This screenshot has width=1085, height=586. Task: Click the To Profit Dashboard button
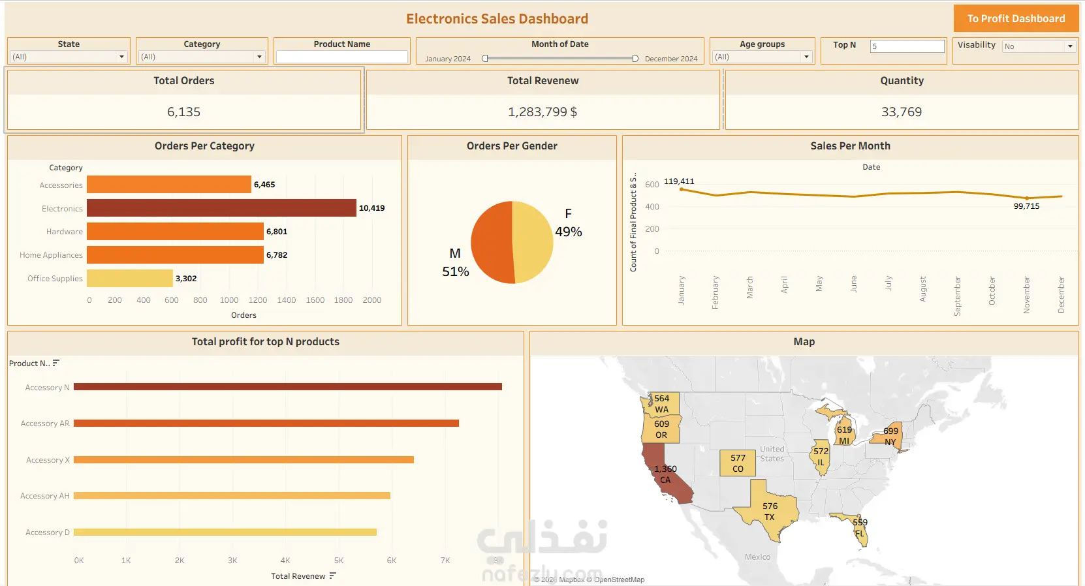tap(1016, 19)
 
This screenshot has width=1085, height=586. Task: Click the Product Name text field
tap(342, 57)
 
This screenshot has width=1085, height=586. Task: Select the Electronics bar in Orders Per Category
tap(221, 208)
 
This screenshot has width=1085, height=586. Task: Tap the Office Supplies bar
tap(129, 279)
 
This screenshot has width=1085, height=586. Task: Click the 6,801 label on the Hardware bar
tap(277, 232)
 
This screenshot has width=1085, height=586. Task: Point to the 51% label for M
tap(456, 271)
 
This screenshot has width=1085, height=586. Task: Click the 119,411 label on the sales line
tap(679, 181)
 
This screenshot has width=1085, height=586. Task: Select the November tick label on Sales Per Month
tap(1026, 294)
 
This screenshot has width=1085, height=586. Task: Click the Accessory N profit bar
tap(287, 387)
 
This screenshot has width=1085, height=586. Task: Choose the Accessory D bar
tap(225, 532)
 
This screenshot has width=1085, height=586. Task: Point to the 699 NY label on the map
tap(890, 437)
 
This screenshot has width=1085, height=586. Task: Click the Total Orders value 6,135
tap(183, 112)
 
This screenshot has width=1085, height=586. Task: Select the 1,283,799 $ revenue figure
tap(542, 112)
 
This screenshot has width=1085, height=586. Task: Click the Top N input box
tap(907, 46)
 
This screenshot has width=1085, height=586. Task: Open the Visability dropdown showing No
tap(1038, 46)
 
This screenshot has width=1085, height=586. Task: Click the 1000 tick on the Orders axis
tap(229, 300)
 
